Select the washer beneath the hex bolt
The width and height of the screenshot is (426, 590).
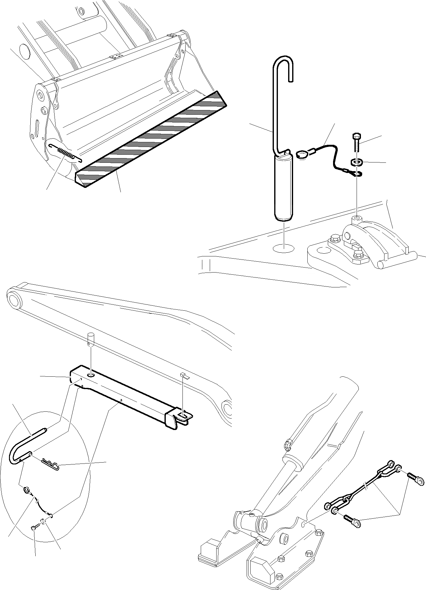tap(356, 162)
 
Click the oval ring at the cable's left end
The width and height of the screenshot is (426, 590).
tap(302, 154)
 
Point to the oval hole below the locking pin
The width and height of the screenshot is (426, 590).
tap(283, 248)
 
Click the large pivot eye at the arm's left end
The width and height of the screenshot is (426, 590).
tap(14, 300)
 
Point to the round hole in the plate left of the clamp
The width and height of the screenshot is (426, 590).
tap(322, 251)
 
